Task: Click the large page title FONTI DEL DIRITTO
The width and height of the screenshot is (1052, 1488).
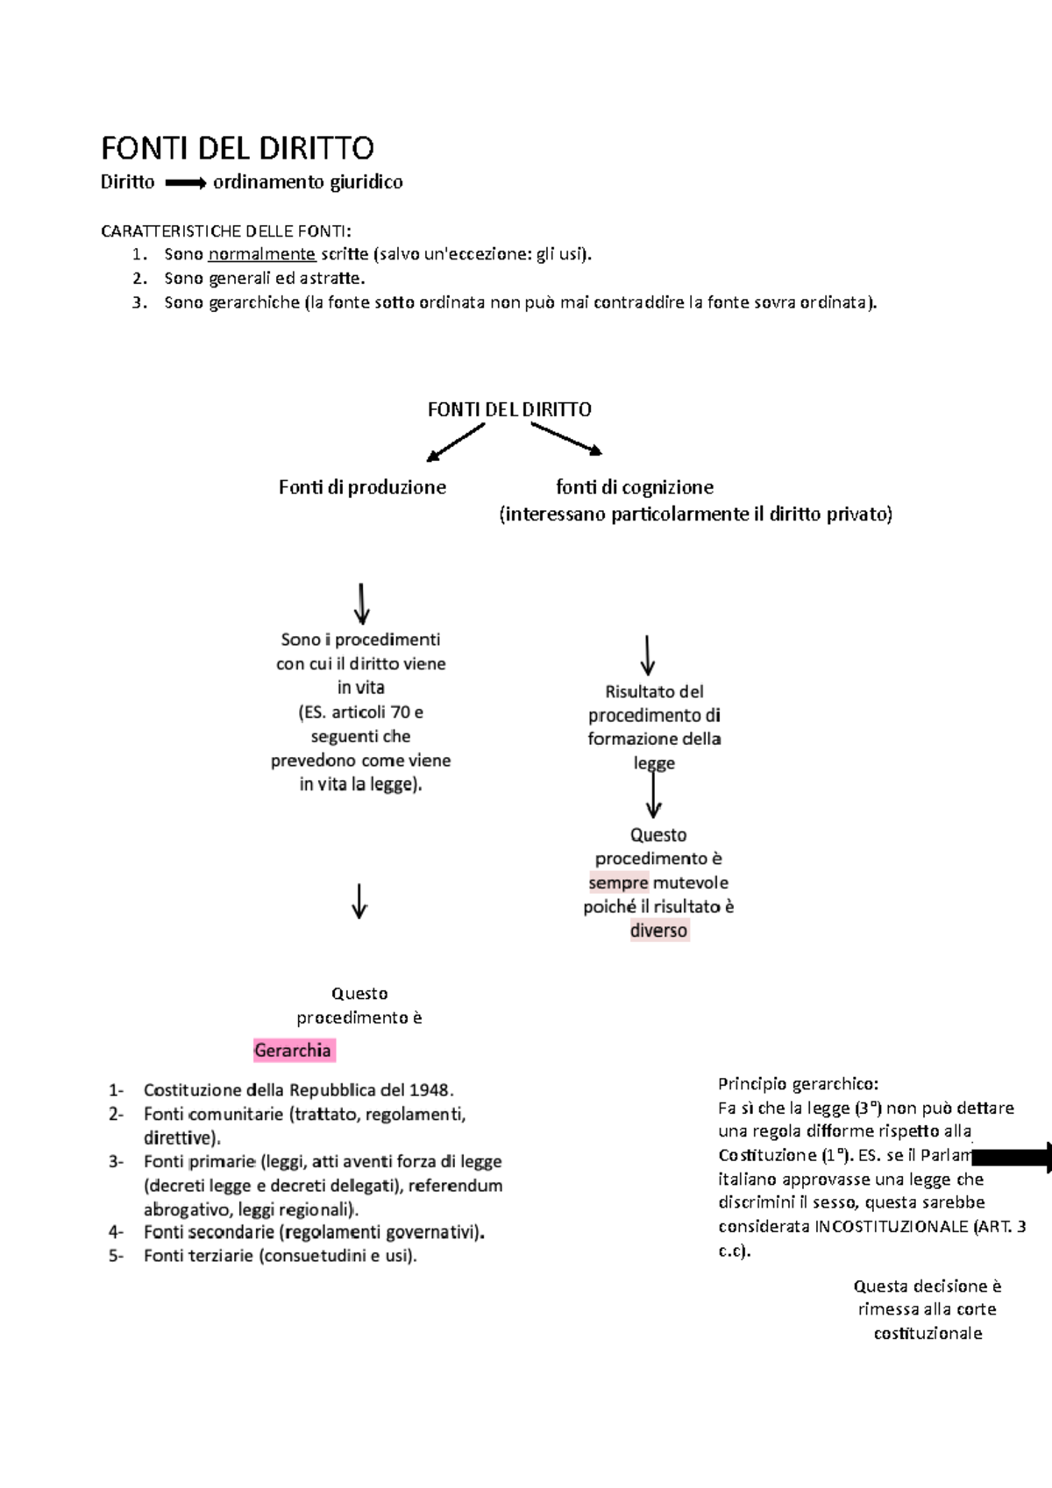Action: coord(238,148)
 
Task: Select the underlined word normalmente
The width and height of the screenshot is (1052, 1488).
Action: coord(262,254)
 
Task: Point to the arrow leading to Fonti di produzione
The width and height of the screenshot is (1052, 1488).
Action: coord(455,443)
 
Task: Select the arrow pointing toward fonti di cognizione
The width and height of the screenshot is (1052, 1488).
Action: coord(567,439)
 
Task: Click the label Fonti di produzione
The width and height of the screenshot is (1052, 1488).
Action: coord(362,487)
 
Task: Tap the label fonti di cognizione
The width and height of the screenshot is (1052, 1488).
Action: coord(635,487)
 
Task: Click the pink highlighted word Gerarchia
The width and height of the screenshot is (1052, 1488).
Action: coord(293,1050)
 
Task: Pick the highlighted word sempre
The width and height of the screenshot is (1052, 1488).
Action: coord(618,882)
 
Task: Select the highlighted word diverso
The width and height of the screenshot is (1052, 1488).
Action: coord(658,930)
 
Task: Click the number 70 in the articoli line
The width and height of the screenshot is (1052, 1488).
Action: coord(401,712)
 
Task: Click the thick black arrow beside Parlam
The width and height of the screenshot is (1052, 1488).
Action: coord(1012,1158)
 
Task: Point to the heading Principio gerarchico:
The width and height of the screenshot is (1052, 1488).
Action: coord(798,1084)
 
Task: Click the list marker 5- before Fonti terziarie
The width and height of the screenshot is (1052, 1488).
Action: coord(117,1256)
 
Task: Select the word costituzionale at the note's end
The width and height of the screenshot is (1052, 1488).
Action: coord(928,1333)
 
